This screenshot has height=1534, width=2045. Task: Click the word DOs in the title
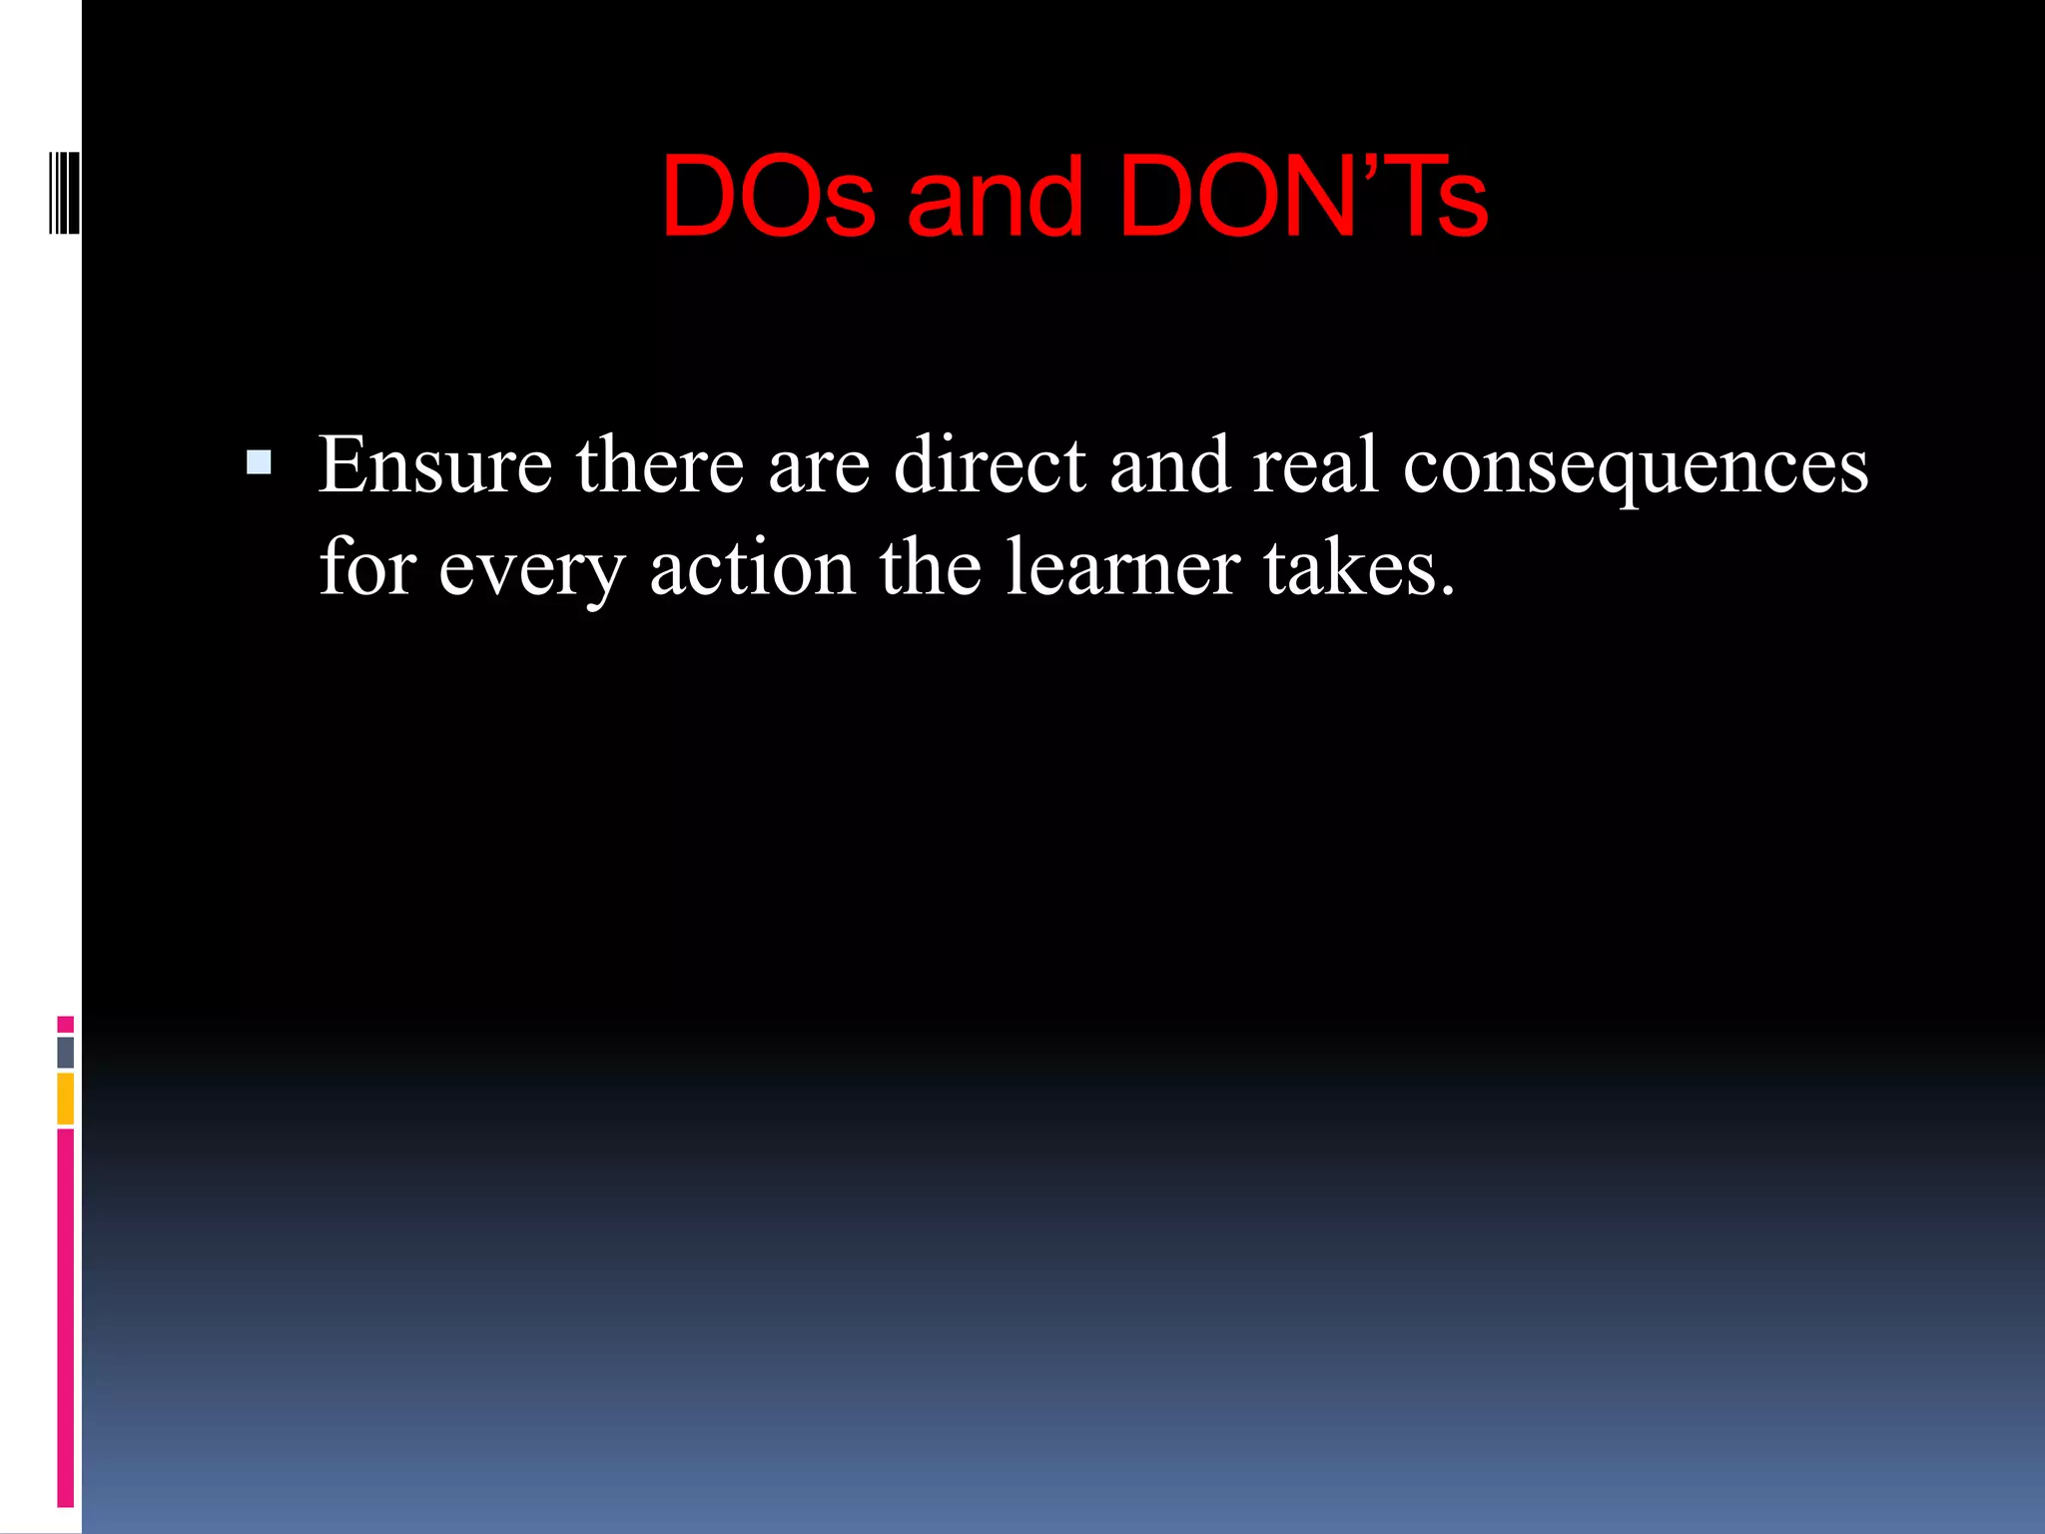(x=767, y=197)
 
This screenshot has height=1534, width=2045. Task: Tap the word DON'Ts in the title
(x=1303, y=197)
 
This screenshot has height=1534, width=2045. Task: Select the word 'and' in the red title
(x=995, y=197)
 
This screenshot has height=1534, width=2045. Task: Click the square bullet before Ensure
(x=259, y=462)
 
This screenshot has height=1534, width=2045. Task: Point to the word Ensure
(x=435, y=465)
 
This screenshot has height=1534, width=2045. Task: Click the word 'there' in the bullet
(x=660, y=465)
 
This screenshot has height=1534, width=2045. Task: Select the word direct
(x=990, y=465)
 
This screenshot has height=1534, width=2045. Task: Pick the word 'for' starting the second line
(x=366, y=567)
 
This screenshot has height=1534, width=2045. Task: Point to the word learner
(x=1122, y=567)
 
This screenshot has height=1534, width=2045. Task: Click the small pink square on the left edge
(x=66, y=1025)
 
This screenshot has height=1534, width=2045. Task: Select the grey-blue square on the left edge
(x=66, y=1053)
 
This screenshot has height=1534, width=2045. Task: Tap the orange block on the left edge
(x=66, y=1099)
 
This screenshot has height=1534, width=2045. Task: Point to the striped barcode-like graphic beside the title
(x=64, y=193)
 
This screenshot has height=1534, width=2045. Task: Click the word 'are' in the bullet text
(x=819, y=465)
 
